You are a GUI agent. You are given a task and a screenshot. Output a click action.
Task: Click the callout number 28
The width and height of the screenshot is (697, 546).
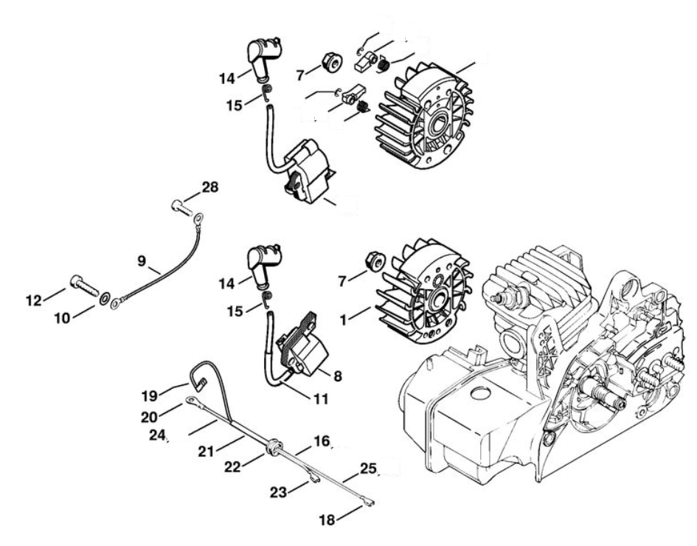210,188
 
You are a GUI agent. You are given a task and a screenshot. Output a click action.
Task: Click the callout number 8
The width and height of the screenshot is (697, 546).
337,375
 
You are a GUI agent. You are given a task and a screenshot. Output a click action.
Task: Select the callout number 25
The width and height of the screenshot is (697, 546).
369,468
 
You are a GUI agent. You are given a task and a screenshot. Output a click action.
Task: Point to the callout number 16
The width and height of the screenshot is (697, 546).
321,440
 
